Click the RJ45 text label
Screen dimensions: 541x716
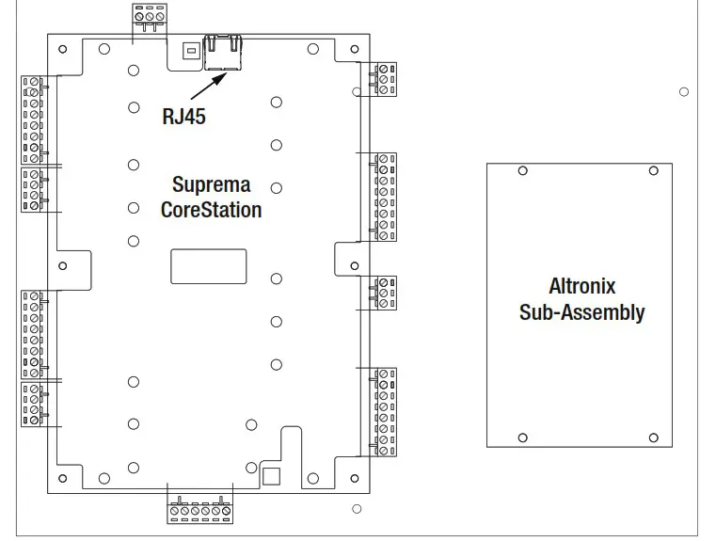pos(183,117)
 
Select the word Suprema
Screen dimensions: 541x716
pos(211,184)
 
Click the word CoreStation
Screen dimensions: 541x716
pos(211,209)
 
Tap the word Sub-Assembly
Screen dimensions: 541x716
pos(581,312)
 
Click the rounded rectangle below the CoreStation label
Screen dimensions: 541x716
pos(209,266)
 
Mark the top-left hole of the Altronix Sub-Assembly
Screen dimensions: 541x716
pos(523,171)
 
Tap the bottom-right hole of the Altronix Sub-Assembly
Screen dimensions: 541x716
pos(653,438)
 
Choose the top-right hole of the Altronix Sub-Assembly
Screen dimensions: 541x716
pos(653,171)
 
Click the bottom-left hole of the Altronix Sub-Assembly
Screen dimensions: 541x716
pos(523,438)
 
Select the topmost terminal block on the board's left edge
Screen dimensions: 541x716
pos(33,119)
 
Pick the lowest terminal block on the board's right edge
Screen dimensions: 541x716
pos(385,412)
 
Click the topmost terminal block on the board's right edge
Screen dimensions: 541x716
pos(386,79)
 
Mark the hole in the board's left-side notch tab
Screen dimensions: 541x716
pos(63,265)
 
